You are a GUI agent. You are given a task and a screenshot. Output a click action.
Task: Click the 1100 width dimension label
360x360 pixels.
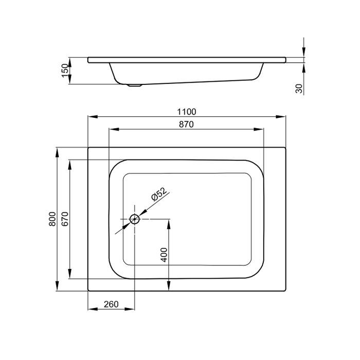tap(186, 112)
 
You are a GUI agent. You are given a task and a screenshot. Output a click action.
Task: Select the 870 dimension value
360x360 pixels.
tap(186, 124)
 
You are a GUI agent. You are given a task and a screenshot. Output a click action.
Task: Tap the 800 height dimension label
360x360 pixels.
tap(52, 219)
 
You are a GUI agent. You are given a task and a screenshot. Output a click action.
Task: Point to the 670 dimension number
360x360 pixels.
tap(65, 219)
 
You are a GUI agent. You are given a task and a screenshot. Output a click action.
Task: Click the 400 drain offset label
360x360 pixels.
tap(164, 255)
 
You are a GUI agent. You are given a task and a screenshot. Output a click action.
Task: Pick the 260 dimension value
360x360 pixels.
tap(111, 304)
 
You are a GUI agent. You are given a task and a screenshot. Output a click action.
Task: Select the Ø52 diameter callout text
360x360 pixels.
tap(159, 194)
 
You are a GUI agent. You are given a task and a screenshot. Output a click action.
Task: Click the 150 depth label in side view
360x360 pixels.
tap(65, 70)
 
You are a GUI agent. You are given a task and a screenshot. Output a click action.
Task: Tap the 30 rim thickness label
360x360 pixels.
tap(299, 88)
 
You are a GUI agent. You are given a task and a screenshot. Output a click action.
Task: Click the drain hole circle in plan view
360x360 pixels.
tap(135, 219)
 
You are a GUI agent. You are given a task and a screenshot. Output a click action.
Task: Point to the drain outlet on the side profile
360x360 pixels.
tap(135, 85)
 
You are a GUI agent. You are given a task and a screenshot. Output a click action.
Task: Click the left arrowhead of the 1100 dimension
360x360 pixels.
tap(93, 117)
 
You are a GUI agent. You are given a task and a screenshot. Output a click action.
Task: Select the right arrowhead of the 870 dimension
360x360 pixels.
tap(259, 130)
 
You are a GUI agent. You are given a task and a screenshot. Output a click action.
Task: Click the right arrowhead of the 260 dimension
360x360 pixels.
tap(130, 309)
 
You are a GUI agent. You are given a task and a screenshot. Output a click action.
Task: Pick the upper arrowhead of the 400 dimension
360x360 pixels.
tap(169, 224)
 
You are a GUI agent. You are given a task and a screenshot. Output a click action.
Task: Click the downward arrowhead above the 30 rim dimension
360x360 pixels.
tap(304, 51)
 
